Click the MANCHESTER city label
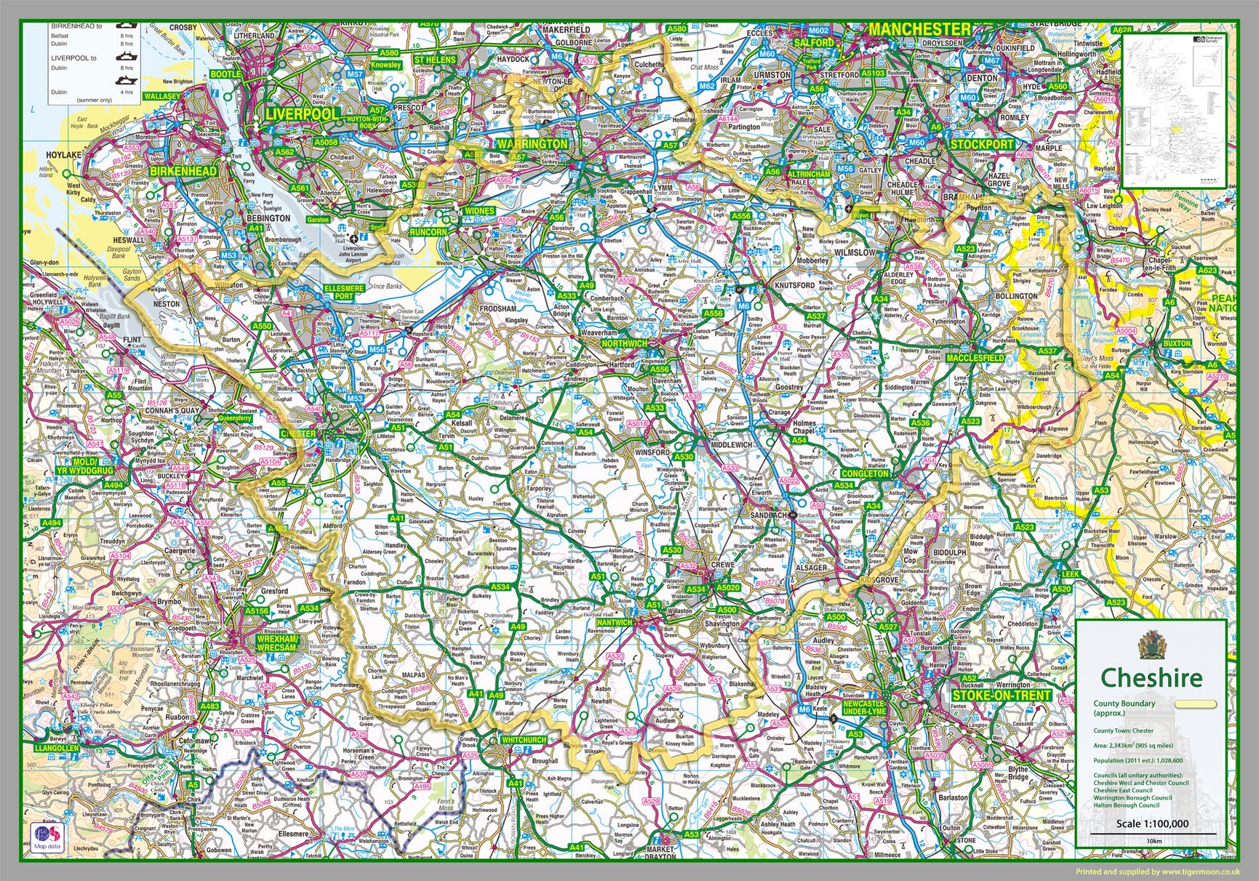919,29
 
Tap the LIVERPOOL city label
302,114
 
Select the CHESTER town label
298,434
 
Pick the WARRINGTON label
532,144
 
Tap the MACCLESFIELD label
975,358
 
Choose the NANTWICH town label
615,623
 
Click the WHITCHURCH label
524,740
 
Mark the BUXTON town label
1176,343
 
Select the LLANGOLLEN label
55,748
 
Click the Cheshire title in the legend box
1151,678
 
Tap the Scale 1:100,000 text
1152,824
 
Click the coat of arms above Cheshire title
1151,644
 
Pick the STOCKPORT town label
982,144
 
